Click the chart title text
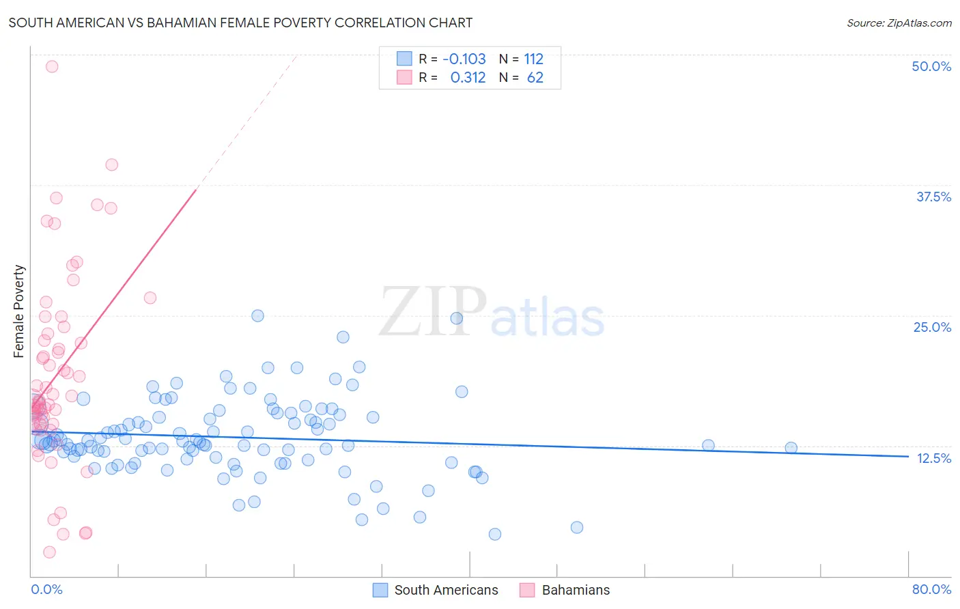(x=240, y=23)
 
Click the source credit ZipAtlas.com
(x=899, y=23)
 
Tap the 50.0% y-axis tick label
(x=931, y=66)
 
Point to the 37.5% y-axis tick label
(x=933, y=197)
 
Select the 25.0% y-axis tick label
(x=932, y=327)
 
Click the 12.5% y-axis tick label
(x=933, y=458)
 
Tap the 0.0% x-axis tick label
(x=46, y=589)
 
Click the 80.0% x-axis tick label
(x=931, y=589)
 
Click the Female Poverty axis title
(x=19, y=311)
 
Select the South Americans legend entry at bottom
(x=446, y=590)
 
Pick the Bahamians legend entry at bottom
(x=576, y=590)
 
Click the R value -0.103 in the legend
(x=464, y=59)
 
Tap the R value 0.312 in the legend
(x=468, y=78)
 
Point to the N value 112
(x=533, y=59)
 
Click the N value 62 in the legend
(x=535, y=78)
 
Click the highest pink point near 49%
(x=52, y=66)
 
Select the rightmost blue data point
(x=791, y=448)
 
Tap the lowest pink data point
(x=49, y=552)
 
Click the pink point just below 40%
(x=111, y=165)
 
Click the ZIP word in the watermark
(x=433, y=312)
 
